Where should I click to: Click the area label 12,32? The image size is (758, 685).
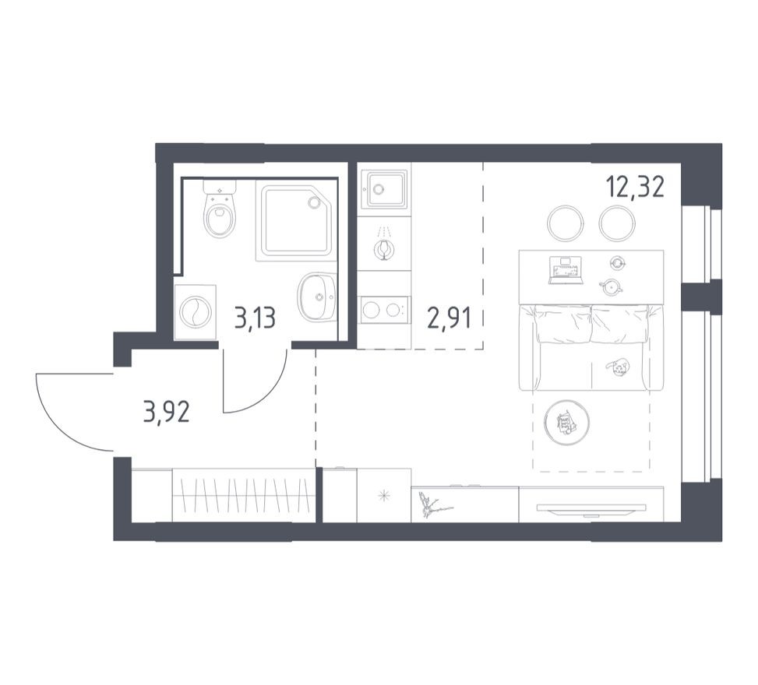click(x=635, y=188)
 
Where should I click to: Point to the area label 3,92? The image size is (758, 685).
click(x=166, y=411)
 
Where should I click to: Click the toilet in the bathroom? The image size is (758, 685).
click(x=220, y=213)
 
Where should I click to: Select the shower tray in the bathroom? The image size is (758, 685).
click(x=295, y=220)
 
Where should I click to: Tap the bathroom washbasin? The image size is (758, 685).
click(x=316, y=297)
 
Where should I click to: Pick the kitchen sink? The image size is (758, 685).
click(x=384, y=189)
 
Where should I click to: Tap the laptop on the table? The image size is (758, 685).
click(x=566, y=269)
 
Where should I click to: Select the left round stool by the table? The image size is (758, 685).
click(x=566, y=223)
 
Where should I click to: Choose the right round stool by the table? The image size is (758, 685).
click(x=617, y=223)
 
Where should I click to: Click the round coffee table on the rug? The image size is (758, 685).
click(x=566, y=423)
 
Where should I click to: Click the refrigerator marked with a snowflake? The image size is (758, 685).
click(x=384, y=496)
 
